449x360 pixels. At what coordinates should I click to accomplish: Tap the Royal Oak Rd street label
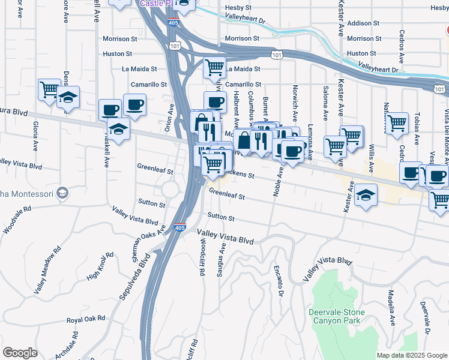click(x=86, y=319)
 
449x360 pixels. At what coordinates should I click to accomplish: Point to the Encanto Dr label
click(x=278, y=280)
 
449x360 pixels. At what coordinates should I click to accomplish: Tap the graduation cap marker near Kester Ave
click(x=366, y=196)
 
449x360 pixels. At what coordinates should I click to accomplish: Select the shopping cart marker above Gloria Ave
click(x=49, y=90)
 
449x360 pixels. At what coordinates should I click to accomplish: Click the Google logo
click(x=20, y=353)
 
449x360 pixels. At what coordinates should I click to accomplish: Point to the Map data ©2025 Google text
click(x=411, y=355)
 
